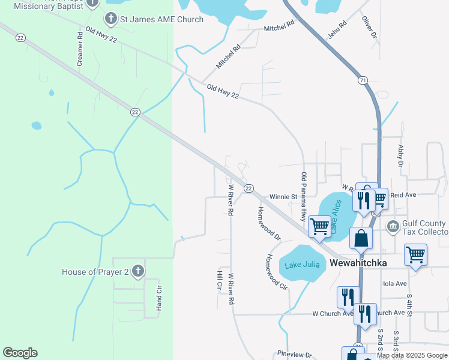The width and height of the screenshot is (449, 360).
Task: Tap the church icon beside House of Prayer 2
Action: (x=138, y=272)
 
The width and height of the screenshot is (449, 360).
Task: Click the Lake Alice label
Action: (x=336, y=216)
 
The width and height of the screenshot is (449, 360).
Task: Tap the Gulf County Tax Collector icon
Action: (x=393, y=227)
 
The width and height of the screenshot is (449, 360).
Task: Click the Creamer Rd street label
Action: (x=79, y=49)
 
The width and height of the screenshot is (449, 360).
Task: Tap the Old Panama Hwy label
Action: (x=304, y=196)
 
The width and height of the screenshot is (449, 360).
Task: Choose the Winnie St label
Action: (x=283, y=196)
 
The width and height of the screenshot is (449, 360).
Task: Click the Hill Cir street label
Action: (x=220, y=281)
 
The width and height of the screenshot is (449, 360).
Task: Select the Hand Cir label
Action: (x=159, y=298)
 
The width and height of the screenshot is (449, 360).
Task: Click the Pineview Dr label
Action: (x=295, y=355)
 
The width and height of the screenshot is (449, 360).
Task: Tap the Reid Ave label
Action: (x=403, y=195)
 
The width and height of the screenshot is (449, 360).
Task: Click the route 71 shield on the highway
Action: (x=362, y=80)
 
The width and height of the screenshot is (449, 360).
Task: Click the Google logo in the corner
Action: (x=20, y=353)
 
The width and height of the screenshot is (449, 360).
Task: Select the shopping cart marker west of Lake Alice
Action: (x=320, y=227)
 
